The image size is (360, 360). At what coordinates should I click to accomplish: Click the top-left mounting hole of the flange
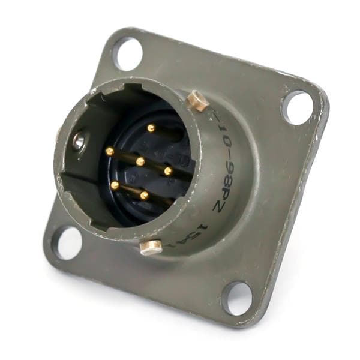pos(127,53)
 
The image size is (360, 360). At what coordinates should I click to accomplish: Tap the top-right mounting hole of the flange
pos(298,107)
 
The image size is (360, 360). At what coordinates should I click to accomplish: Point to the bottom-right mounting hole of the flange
pos(236,298)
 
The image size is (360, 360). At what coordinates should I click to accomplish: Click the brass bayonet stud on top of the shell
pos(197,100)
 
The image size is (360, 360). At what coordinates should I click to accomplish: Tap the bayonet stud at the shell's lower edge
pos(151,247)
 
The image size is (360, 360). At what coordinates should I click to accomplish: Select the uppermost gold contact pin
pos(151,128)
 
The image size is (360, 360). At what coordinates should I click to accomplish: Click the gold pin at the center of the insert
pos(140,161)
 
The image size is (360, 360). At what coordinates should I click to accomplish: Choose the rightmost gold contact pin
pos(168,171)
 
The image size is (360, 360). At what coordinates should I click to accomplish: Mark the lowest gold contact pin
pos(144,195)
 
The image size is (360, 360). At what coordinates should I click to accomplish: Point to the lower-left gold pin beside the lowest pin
pos(115,185)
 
